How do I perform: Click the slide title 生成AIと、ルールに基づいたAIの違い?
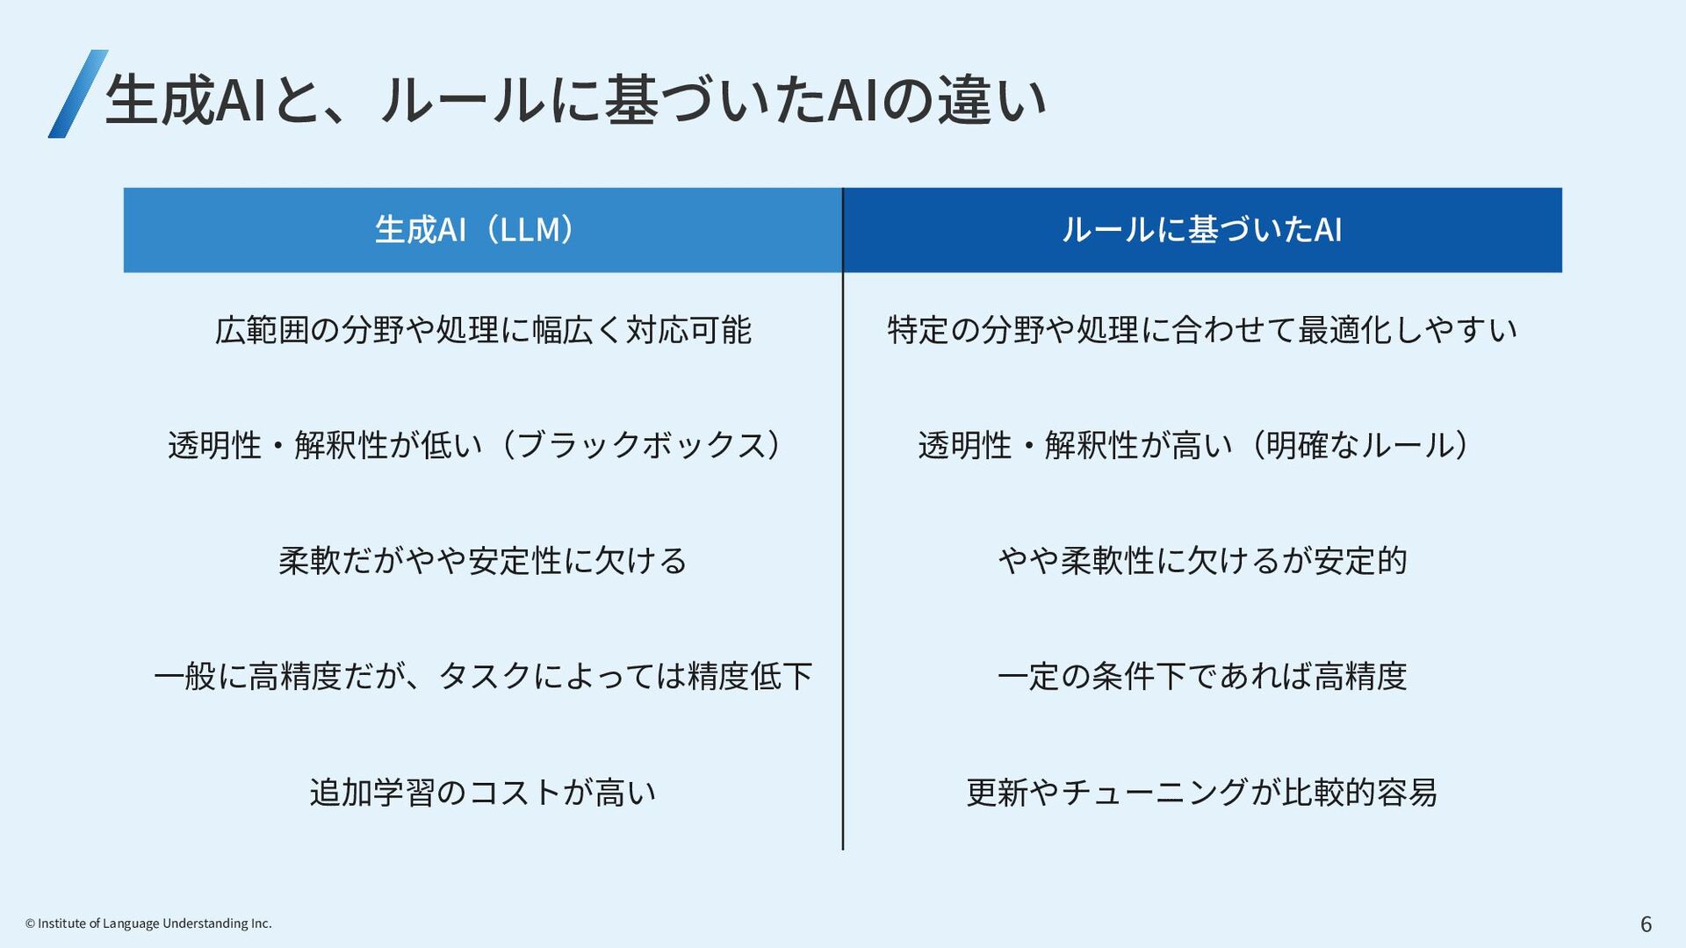(575, 99)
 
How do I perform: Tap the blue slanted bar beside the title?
(77, 94)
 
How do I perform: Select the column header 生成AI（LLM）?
(482, 230)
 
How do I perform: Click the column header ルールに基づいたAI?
(1201, 230)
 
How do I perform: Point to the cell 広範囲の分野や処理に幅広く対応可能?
(482, 330)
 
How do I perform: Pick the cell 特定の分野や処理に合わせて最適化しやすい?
(1201, 330)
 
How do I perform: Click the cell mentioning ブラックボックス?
(474, 445)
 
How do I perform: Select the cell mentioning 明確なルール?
(1194, 445)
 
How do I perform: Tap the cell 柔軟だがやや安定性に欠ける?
(482, 560)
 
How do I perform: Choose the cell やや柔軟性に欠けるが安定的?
(1201, 560)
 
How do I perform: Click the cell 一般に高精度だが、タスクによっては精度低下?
(482, 676)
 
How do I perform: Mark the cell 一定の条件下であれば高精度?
(1201, 676)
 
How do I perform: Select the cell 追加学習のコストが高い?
(482, 792)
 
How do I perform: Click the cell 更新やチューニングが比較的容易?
(1201, 792)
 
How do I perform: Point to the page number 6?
(1646, 923)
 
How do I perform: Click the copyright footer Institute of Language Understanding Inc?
(148, 923)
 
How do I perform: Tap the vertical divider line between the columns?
(843, 562)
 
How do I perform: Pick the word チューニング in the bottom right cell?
(1154, 792)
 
